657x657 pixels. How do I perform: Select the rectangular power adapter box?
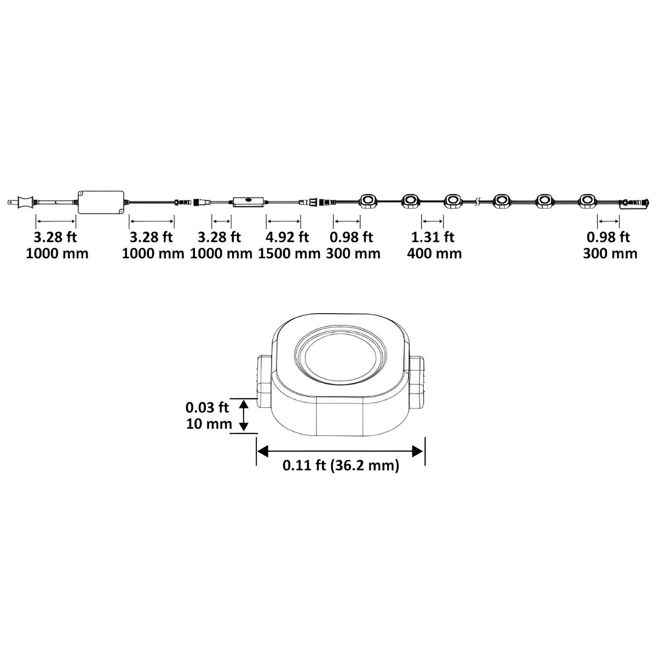coord(101,202)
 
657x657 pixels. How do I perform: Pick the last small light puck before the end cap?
coord(586,201)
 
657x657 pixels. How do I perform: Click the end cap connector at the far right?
coord(633,204)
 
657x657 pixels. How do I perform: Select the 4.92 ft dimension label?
coord(287,237)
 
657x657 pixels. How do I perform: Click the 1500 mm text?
coord(289,253)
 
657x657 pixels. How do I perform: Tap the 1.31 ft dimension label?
coord(433,237)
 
